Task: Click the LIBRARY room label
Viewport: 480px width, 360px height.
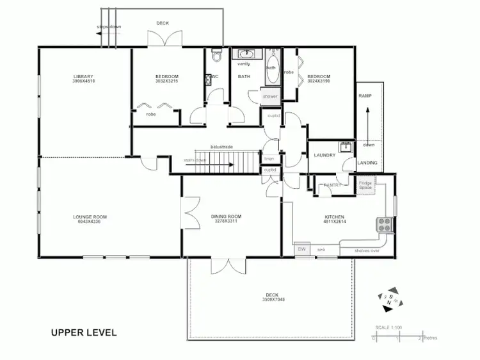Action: click(x=84, y=78)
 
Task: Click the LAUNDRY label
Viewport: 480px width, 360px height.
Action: click(x=324, y=155)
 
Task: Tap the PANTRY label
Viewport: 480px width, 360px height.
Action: click(x=332, y=185)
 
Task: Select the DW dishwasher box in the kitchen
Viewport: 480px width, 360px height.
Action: click(x=301, y=249)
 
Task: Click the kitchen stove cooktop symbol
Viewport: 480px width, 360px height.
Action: click(x=384, y=224)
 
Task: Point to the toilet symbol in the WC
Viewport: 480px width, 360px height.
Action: click(x=217, y=56)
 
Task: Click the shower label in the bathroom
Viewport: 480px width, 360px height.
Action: click(x=269, y=96)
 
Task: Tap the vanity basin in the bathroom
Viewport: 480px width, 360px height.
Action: click(x=244, y=54)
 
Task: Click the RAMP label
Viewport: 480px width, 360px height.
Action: click(x=365, y=95)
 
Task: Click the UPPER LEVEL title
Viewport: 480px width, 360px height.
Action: click(x=84, y=333)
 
